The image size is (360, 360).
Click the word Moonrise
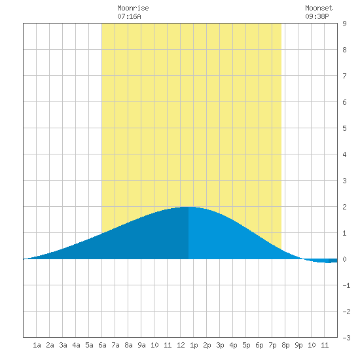[x=133, y=8]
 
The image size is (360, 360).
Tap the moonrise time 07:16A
[x=129, y=16]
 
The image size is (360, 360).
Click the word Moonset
[x=319, y=8]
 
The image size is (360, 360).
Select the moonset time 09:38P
[x=317, y=16]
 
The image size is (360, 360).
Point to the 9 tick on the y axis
[x=344, y=24]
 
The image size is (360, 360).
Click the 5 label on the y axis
[x=344, y=128]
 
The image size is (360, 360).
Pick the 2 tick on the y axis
[x=344, y=207]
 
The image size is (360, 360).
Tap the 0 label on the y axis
[x=344, y=259]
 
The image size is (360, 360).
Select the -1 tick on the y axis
[x=346, y=285]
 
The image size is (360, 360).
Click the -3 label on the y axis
[x=346, y=338]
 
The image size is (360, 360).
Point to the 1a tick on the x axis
[x=37, y=345]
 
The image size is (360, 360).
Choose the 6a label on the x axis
[x=102, y=345]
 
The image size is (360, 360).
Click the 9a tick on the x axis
[x=141, y=345]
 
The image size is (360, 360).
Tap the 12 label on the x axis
[x=181, y=345]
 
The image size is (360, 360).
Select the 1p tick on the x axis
[x=194, y=345]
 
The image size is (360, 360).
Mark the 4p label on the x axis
[x=233, y=345]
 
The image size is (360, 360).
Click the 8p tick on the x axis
[x=285, y=345]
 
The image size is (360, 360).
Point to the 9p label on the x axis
[x=298, y=345]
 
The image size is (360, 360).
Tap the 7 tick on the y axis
[x=344, y=76]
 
